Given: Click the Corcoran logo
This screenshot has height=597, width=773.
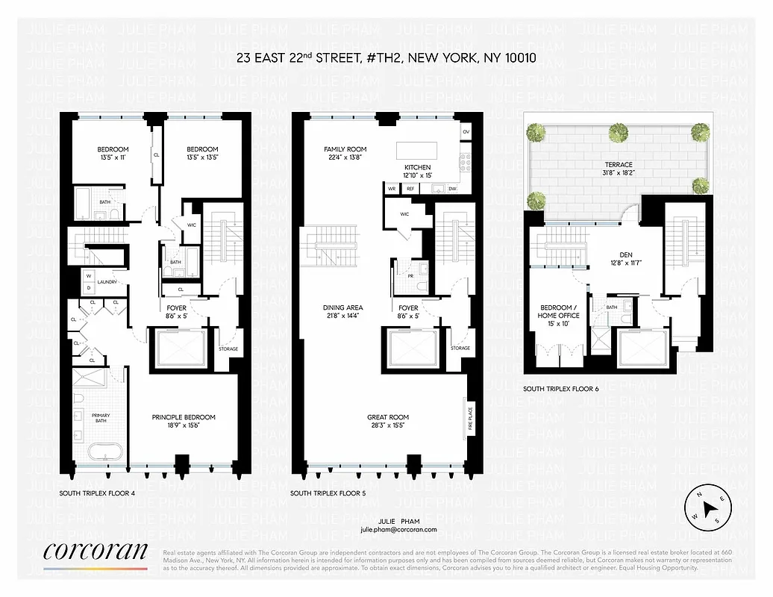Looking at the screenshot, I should click(96, 553).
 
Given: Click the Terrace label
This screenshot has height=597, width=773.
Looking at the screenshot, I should click(619, 169).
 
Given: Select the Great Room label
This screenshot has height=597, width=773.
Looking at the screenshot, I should click(388, 422).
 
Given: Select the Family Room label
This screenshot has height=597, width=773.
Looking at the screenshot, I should click(345, 153).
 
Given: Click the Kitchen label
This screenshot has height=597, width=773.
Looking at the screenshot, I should click(418, 171).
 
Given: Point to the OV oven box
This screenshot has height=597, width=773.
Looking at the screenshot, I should click(466, 132).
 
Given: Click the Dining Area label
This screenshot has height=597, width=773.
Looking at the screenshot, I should click(343, 312).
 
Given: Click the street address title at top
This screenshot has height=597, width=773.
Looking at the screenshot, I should click(385, 57).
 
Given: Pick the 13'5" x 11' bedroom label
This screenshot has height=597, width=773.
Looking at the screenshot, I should click(113, 153).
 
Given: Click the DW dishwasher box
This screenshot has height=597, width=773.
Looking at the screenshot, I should click(452, 189).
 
